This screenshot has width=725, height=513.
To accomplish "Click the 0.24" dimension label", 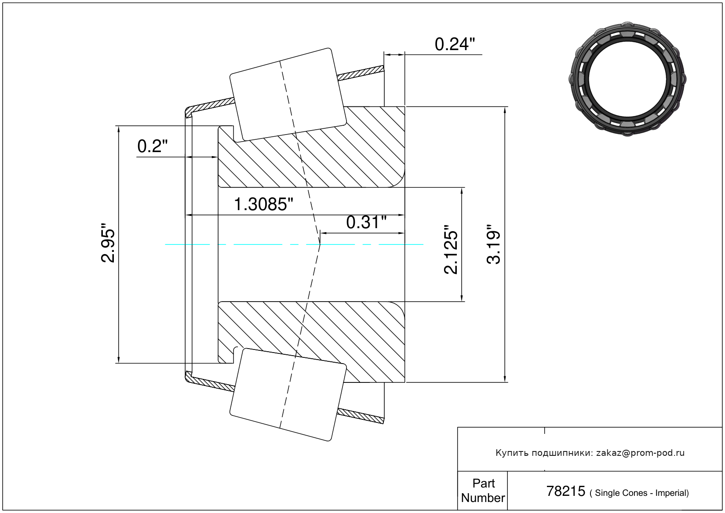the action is pyautogui.click(x=455, y=44).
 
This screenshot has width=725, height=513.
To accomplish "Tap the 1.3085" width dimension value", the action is pyautogui.click(x=263, y=204).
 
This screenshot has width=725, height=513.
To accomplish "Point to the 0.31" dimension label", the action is pyautogui.click(x=366, y=222).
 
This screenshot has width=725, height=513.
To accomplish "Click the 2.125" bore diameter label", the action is pyautogui.click(x=451, y=249).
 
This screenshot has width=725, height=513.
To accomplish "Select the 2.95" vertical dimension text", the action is pyautogui.click(x=108, y=242).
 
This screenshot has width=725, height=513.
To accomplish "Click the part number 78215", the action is pyautogui.click(x=566, y=491).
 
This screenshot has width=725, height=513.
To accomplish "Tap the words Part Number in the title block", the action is pyautogui.click(x=483, y=490).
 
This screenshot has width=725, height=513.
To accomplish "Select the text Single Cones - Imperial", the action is pyautogui.click(x=642, y=493).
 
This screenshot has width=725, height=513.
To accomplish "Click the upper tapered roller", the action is pyautogui.click(x=288, y=95).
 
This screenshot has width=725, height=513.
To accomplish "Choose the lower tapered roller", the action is pyautogui.click(x=288, y=395).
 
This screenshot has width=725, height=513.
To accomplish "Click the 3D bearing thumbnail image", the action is pyautogui.click(x=627, y=79).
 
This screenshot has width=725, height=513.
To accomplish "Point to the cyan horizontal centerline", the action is pyautogui.click(x=294, y=244).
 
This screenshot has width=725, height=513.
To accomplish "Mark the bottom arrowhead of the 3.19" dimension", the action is pyautogui.click(x=505, y=379).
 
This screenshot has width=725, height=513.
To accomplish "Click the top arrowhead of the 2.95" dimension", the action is pyautogui.click(x=119, y=129).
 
